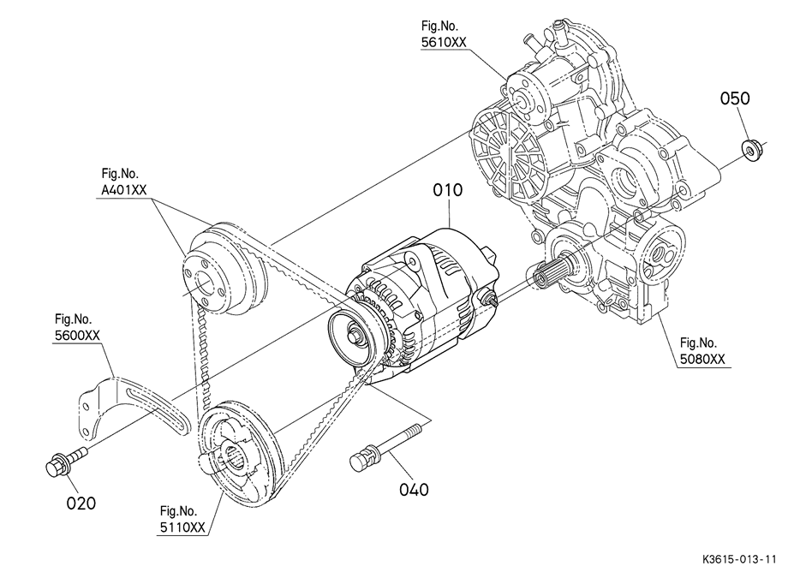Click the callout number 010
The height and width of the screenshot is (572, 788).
[448, 190]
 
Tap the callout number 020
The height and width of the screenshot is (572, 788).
[81, 503]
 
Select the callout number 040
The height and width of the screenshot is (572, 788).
[414, 489]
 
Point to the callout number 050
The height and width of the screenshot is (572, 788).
[735, 98]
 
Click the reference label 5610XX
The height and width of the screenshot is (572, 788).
[444, 42]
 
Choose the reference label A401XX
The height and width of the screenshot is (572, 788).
[124, 190]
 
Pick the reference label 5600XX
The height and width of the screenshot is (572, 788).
[77, 336]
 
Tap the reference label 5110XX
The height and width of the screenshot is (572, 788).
[182, 527]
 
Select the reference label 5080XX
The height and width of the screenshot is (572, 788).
[702, 359]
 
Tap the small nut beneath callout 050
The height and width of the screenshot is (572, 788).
[752, 151]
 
